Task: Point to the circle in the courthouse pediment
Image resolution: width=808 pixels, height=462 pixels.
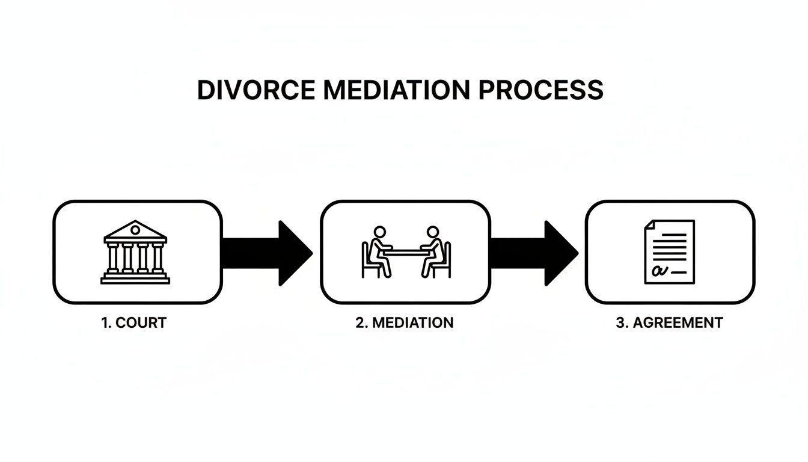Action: click(135, 229)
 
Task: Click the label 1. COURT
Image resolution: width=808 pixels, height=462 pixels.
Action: click(133, 322)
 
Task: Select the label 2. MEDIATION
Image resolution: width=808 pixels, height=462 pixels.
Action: click(404, 322)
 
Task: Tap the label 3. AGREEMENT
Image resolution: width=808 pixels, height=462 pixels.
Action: click(669, 322)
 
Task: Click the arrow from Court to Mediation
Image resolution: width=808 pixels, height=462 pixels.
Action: click(268, 253)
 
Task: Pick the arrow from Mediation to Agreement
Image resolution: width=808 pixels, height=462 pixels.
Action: click(534, 253)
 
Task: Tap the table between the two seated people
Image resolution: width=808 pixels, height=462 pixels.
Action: click(406, 251)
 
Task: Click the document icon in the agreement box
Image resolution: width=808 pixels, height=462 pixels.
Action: click(669, 251)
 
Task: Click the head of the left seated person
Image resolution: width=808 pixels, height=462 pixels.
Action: click(379, 232)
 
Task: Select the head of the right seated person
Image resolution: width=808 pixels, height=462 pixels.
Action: click(432, 232)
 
